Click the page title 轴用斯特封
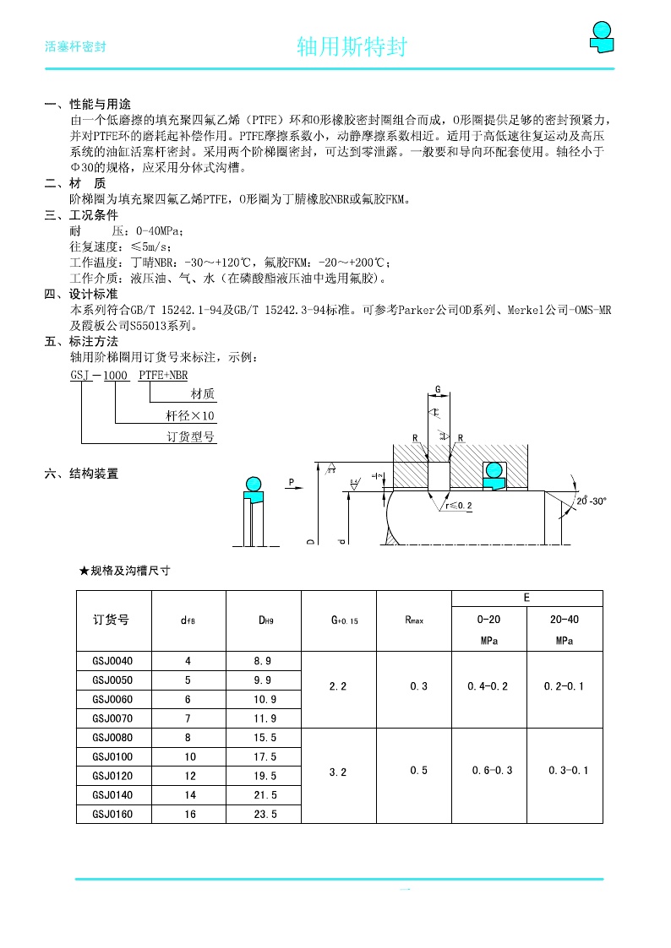pos(352,47)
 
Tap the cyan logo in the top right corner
pos(601,36)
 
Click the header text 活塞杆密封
pos(74,47)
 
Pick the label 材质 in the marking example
pos(203,394)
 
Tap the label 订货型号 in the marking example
pos(191,437)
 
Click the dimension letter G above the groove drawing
pos(438,389)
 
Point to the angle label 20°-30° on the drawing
pos(592,501)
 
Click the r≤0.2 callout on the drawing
pos(459,506)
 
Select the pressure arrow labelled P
pos(292,483)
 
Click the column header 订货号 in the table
pos(111,620)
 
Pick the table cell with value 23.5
pos(265,815)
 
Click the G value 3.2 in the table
pos(338,772)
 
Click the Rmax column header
pos(414,620)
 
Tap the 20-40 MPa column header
pos(565,630)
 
